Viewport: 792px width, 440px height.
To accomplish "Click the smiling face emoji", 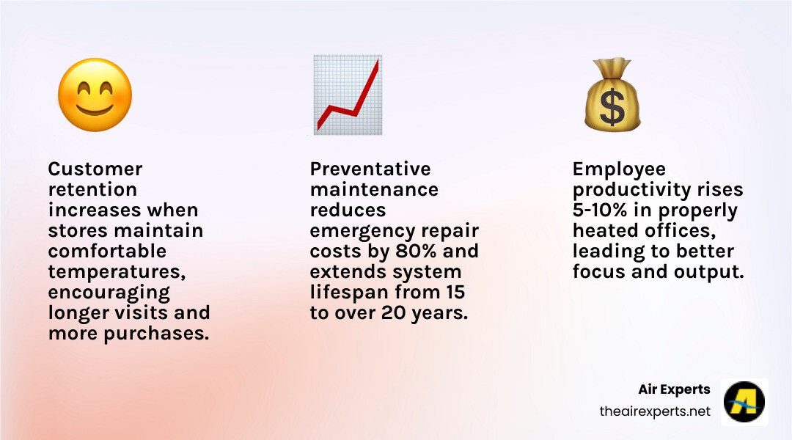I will pos(95,95).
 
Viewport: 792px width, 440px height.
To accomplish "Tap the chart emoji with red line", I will pos(347,95).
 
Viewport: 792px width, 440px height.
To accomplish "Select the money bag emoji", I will pos(612,95).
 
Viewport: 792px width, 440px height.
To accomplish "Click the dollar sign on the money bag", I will pos(612,107).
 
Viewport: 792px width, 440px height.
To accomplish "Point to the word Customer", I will pos(95,169).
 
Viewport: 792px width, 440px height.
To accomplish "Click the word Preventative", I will pos(370,169).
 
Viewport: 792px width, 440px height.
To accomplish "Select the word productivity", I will pos(631,190).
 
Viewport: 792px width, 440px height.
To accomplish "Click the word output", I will pos(714,272).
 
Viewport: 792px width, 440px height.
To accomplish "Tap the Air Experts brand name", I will pos(674,389).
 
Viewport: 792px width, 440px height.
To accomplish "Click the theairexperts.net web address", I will pos(655,411).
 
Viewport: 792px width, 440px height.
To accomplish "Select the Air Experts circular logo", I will pos(744,402).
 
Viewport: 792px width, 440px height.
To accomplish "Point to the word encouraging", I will pos(109,293).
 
